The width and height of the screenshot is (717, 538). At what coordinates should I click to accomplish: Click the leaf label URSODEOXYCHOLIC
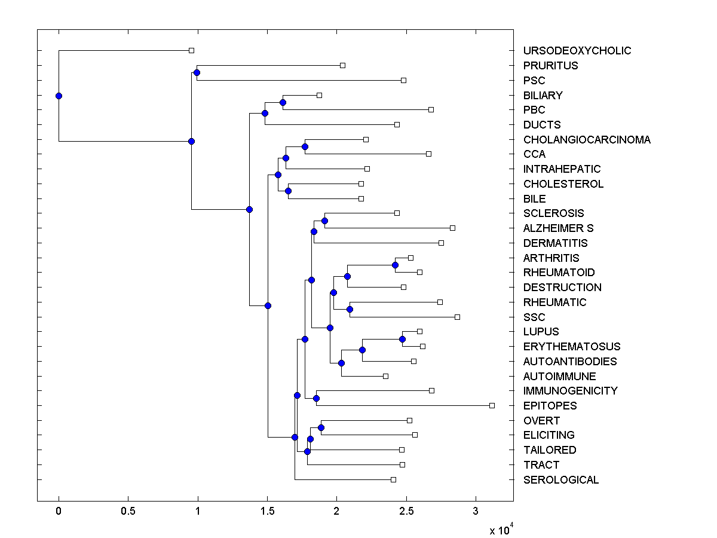pyautogui.click(x=577, y=51)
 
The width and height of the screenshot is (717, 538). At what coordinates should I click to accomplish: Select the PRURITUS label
pyautogui.click(x=550, y=66)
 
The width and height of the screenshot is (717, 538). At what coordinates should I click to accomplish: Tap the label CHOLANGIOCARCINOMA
pyautogui.click(x=587, y=140)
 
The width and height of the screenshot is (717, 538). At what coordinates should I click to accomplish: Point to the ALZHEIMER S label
pyautogui.click(x=558, y=228)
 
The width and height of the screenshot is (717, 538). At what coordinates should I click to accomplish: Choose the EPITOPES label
pyautogui.click(x=550, y=406)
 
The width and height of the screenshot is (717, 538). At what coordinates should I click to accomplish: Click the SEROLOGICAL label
pyautogui.click(x=560, y=480)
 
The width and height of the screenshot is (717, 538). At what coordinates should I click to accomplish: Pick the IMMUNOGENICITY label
pyautogui.click(x=570, y=391)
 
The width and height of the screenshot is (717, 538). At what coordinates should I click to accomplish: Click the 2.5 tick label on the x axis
pyautogui.click(x=406, y=512)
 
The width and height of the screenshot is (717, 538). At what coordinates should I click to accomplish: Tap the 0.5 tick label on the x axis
pyautogui.click(x=128, y=512)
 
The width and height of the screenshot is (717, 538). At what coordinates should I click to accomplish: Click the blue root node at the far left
pyautogui.click(x=59, y=96)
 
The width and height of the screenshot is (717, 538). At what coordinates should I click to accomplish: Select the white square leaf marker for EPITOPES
pyautogui.click(x=492, y=405)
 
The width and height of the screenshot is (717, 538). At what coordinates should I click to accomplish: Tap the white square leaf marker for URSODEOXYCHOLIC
pyautogui.click(x=191, y=51)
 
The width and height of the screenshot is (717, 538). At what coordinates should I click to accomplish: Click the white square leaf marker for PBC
pyautogui.click(x=431, y=109)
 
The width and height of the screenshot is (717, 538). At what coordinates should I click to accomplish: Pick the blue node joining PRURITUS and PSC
pyautogui.click(x=197, y=72)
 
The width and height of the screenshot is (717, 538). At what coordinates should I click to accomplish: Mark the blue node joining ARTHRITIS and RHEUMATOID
pyautogui.click(x=395, y=265)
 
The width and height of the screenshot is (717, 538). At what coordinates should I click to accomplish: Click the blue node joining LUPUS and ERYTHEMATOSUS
pyautogui.click(x=403, y=339)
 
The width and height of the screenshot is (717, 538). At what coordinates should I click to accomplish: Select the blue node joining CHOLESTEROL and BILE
pyautogui.click(x=288, y=191)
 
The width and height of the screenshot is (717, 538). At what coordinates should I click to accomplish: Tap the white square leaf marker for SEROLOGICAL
pyautogui.click(x=393, y=479)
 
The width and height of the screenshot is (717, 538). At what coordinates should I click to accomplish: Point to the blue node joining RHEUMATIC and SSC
pyautogui.click(x=350, y=309)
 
